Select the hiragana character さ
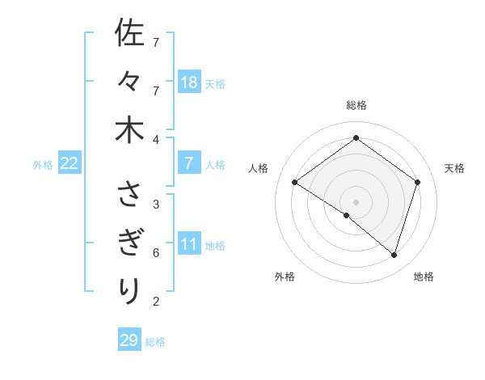click(x=129, y=194)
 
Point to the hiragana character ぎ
click(x=129, y=242)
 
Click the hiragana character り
click(x=129, y=290)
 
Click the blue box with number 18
click(x=189, y=82)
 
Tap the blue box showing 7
click(x=189, y=163)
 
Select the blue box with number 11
click(x=189, y=244)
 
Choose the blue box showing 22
click(x=70, y=163)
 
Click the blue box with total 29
click(x=129, y=340)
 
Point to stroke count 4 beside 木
click(x=156, y=139)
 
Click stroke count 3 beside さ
click(x=156, y=204)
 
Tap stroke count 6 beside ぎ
click(x=156, y=252)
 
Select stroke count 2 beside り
click(x=156, y=302)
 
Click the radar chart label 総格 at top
click(x=356, y=106)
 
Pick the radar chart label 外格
click(x=285, y=277)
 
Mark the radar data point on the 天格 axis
click(x=417, y=183)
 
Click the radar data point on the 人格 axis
click(x=295, y=183)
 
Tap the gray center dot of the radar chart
click(x=356, y=201)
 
